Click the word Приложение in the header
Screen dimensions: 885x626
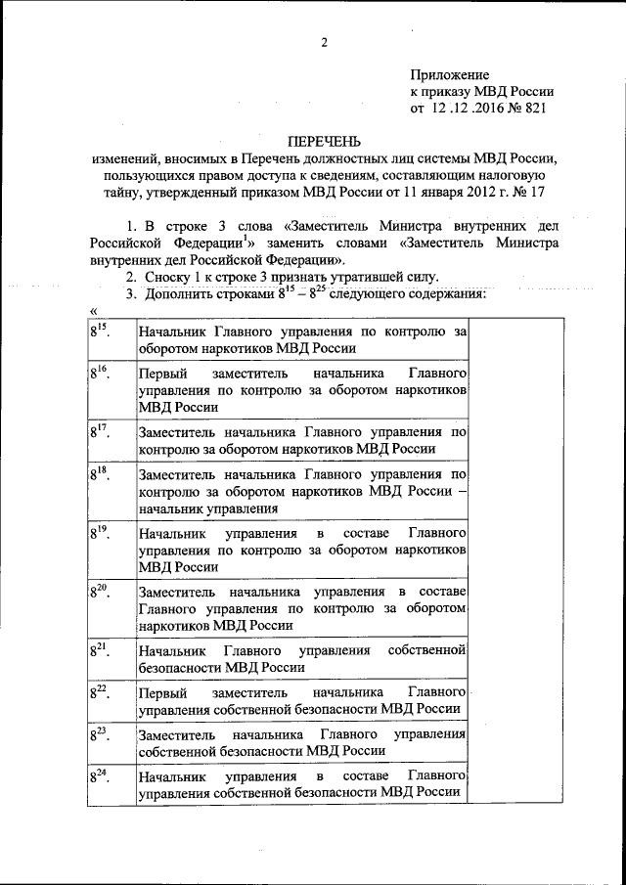449,74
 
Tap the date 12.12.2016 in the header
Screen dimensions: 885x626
466,108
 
